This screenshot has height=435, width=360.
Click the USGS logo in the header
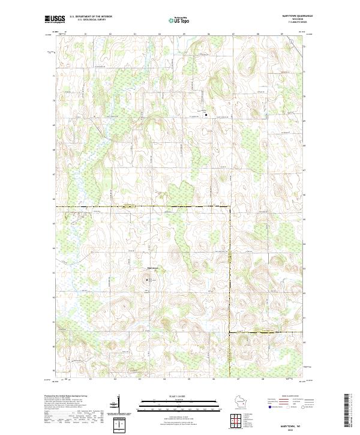coord(55,19)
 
